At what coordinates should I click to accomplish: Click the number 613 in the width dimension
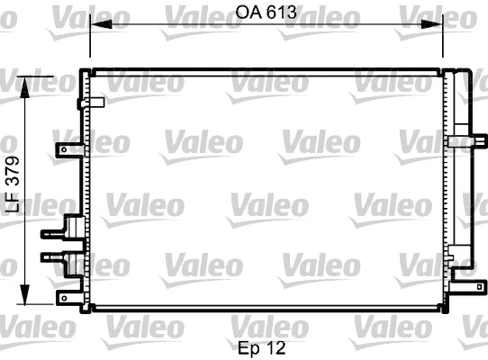click(281, 13)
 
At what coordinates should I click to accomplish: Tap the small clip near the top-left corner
click(86, 103)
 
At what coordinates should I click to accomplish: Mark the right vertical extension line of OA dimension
click(443, 40)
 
